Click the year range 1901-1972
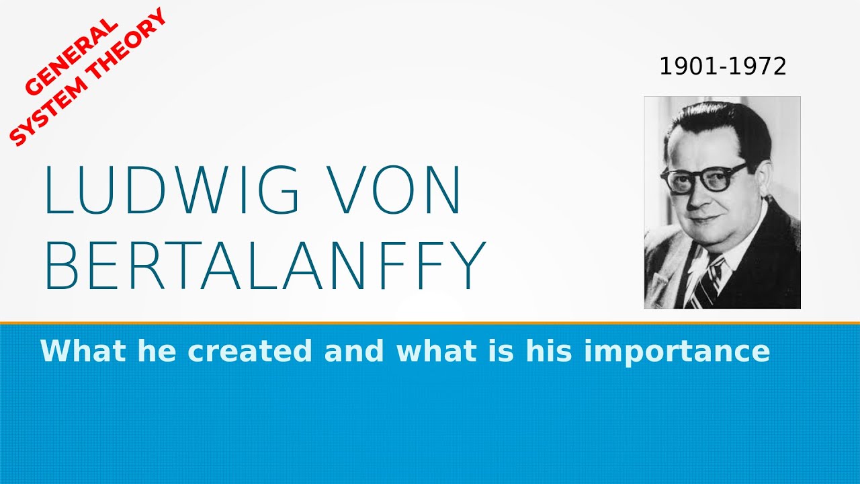tap(722, 67)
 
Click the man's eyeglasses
tap(703, 177)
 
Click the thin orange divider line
tap(430, 323)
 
